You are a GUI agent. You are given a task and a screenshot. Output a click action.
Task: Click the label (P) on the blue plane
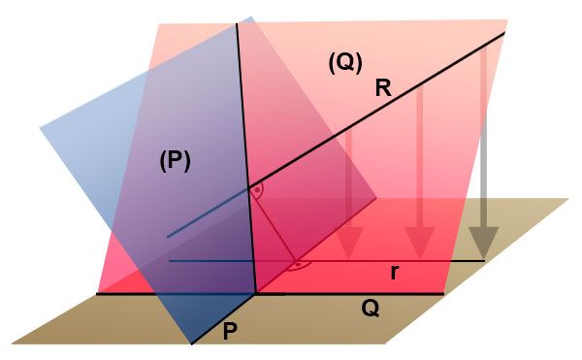pos(175,162)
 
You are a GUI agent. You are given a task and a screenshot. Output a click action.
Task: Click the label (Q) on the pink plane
pos(345,63)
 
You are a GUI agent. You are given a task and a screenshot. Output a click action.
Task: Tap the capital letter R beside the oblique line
pos(383,89)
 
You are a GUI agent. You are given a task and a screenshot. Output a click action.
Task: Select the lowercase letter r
pos(395,273)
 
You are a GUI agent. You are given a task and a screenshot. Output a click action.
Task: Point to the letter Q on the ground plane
pos(371,309)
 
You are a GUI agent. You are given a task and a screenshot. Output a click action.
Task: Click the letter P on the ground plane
pos(230,332)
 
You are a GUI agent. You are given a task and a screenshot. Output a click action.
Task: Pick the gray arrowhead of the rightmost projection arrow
pos(483,243)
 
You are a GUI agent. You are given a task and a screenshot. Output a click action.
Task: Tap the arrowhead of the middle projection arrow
pos(419,243)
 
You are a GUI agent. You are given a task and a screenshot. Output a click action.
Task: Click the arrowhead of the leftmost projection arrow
pos(348,243)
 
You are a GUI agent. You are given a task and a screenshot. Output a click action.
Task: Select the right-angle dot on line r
pos(298,265)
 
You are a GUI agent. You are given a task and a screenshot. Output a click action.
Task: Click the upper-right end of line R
pos(504,33)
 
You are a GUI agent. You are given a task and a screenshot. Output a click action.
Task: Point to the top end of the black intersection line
pos(237,23)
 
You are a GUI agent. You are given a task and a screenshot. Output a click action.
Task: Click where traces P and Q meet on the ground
pos(256,294)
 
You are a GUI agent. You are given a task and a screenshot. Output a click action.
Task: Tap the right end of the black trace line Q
pos(444,294)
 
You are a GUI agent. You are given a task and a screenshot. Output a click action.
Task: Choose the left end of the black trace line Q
pos(97,294)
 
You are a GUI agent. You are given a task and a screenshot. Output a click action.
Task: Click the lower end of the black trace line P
pos(192,344)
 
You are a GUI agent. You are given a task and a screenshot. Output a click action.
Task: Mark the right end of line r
pos(485,261)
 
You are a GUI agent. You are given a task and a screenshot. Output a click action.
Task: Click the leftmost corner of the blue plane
pos(40,128)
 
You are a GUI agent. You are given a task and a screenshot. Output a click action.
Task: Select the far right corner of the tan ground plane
pos(568,199)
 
